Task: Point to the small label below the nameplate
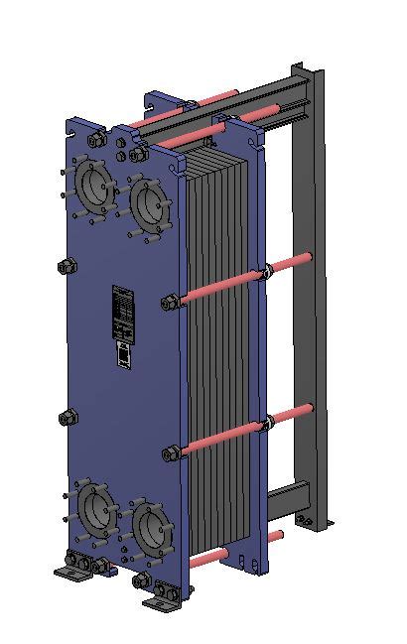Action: point(122,357)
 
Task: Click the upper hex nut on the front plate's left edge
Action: point(68,266)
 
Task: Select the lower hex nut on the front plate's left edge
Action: point(68,417)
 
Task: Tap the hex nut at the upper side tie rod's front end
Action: point(172,301)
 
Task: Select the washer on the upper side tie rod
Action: point(266,272)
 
